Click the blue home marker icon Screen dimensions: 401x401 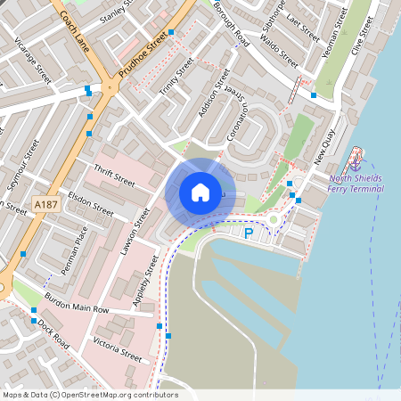coord(200,192)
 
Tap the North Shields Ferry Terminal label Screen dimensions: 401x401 coord(356,183)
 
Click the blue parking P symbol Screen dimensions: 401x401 coord(249,233)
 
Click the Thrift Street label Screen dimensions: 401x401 coord(113,175)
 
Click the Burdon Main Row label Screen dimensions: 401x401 coord(77,303)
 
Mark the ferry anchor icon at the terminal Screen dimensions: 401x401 coord(356,161)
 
